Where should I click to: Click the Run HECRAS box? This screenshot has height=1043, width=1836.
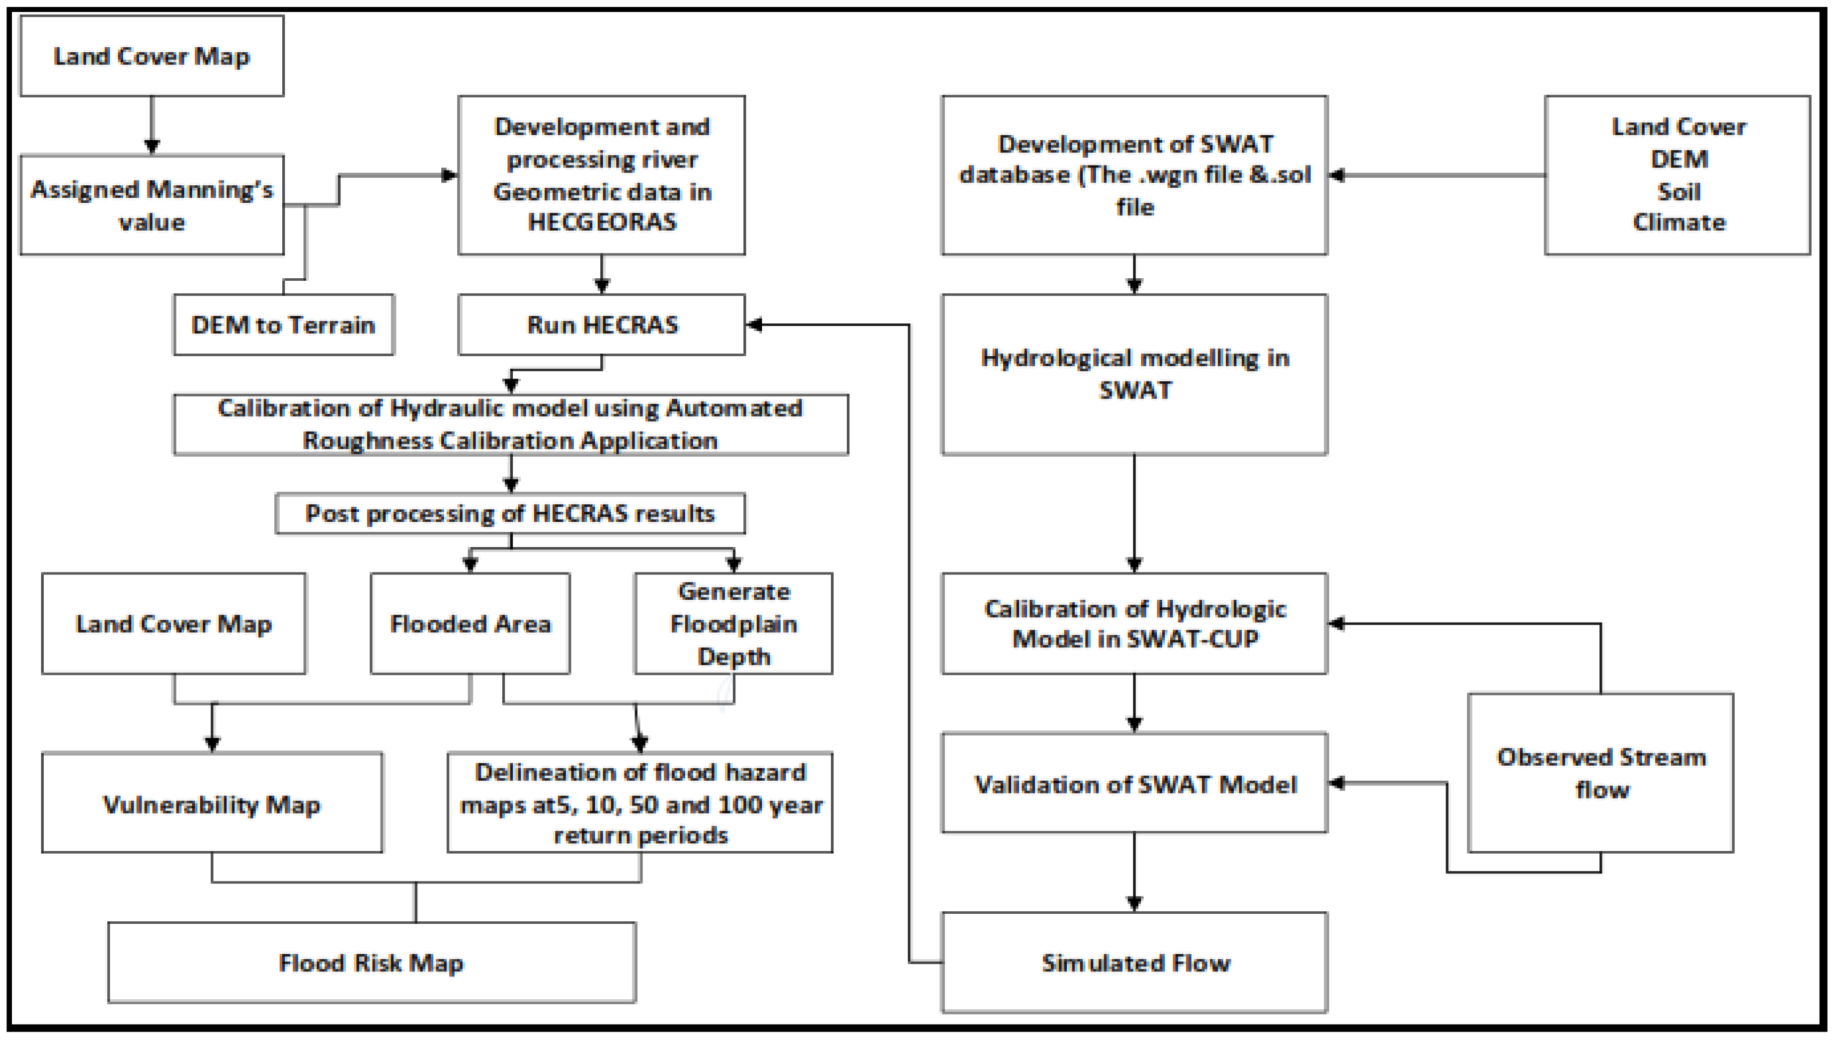[x=602, y=324]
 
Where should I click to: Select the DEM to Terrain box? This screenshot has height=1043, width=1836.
[x=284, y=324]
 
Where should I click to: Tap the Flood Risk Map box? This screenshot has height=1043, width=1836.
[x=371, y=962]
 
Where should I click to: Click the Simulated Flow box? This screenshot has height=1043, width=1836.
[x=1135, y=962]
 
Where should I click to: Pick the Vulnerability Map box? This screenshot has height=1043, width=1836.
[x=212, y=803]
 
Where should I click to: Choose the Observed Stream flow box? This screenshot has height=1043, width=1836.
[x=1600, y=773]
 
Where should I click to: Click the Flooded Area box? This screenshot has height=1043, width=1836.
[x=470, y=623]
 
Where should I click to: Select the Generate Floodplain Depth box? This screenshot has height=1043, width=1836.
[x=733, y=623]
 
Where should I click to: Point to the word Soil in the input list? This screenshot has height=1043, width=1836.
[x=1678, y=191]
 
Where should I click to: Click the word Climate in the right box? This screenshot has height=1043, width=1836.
[x=1678, y=222]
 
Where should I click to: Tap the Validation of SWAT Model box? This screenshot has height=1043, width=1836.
[x=1135, y=784]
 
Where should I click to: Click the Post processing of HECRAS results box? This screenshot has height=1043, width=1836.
[x=510, y=513]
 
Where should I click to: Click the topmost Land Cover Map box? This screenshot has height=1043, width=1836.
[x=152, y=56]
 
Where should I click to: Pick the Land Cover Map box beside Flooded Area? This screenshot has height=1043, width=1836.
[x=173, y=623]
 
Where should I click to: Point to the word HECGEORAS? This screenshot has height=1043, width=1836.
[x=602, y=222]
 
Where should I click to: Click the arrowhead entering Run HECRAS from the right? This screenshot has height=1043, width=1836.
[x=754, y=324]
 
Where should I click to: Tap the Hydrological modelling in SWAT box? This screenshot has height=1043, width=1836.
[x=1135, y=374]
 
